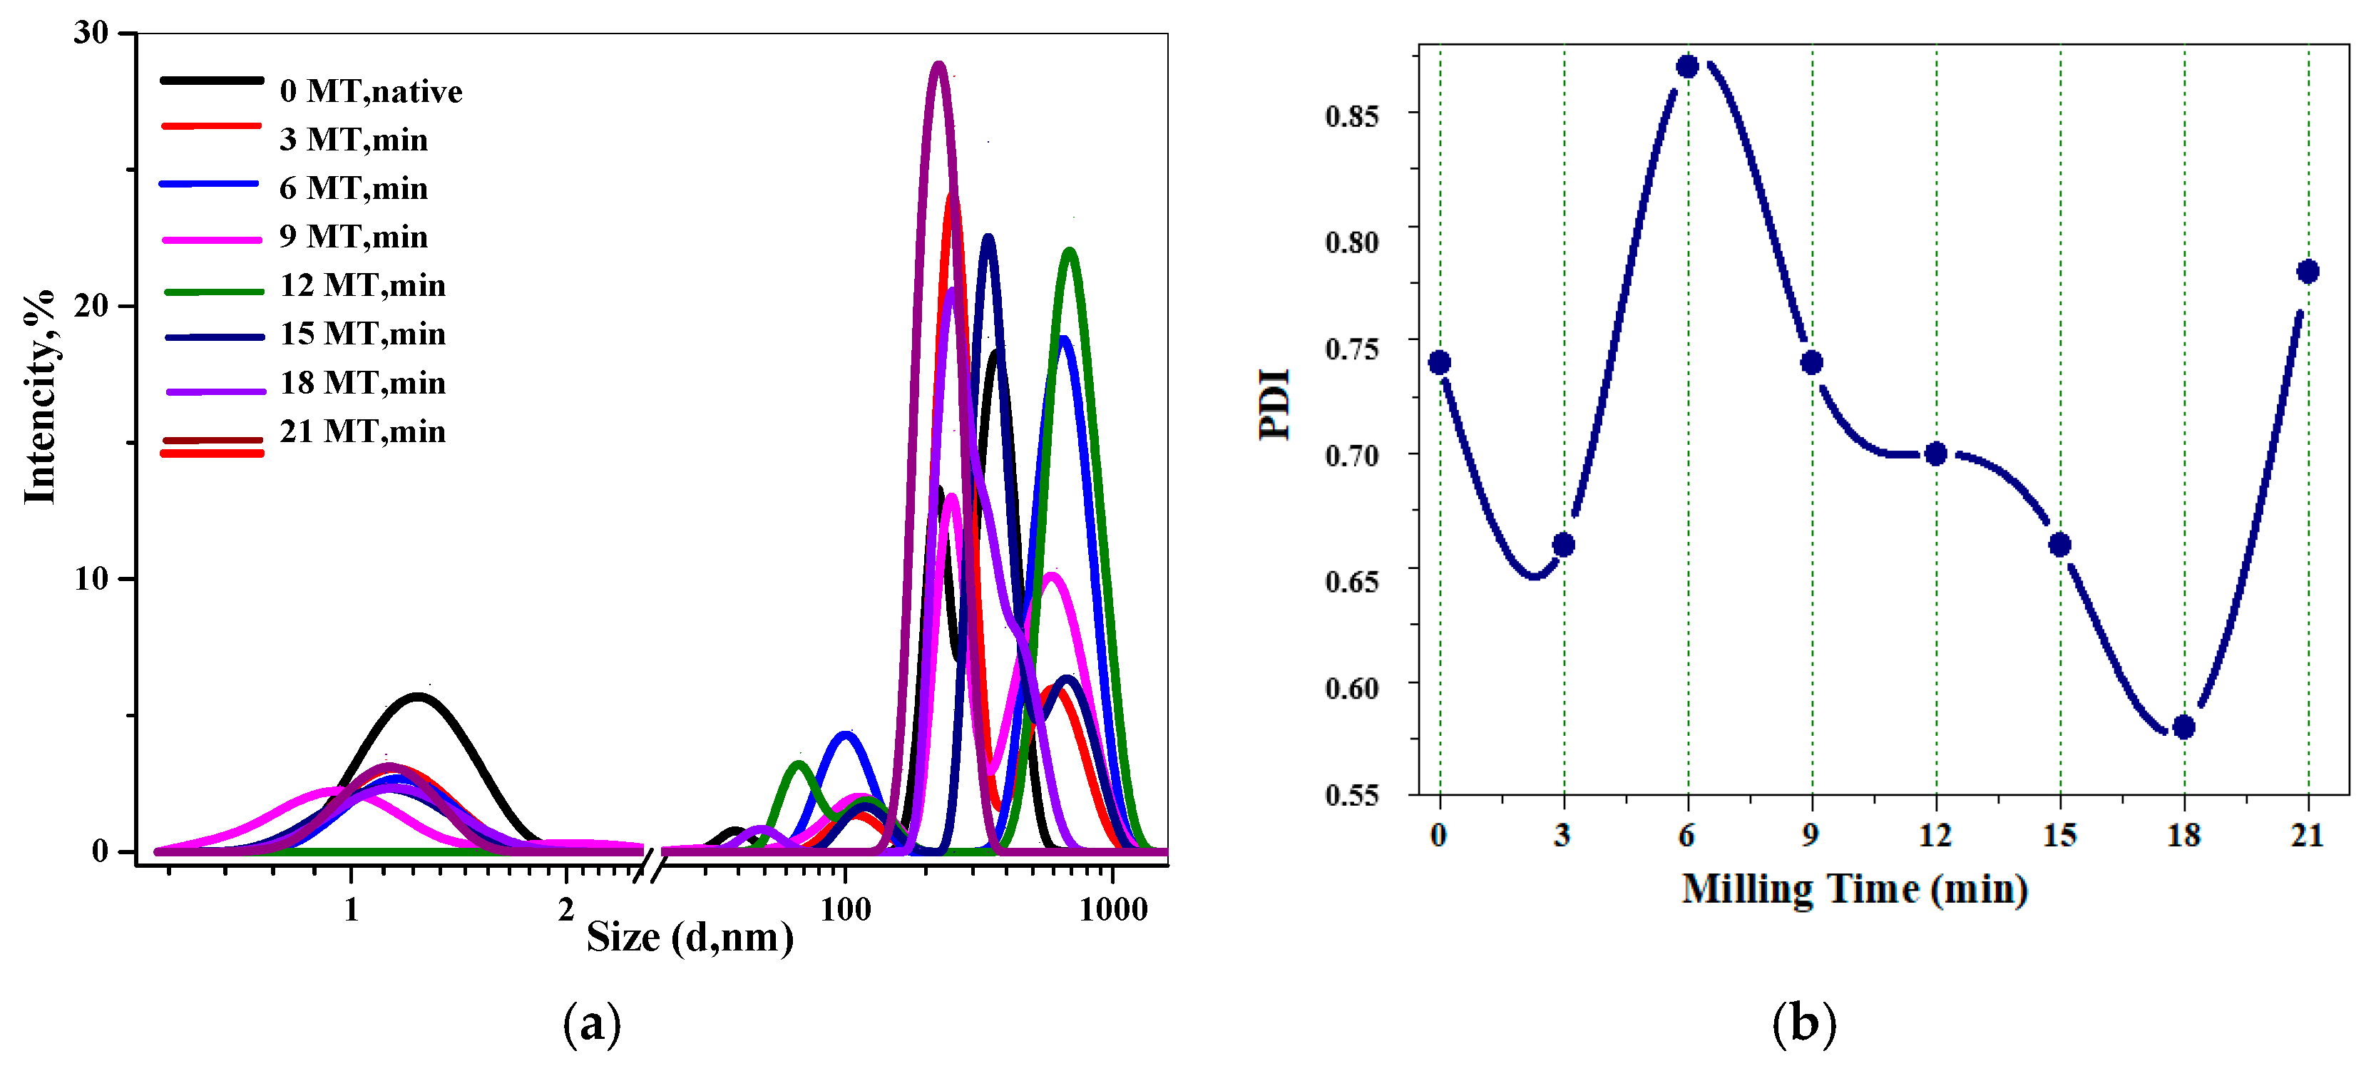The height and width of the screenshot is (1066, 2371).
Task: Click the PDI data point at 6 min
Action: [1687, 66]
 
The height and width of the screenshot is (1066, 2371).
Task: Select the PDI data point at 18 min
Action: [2183, 727]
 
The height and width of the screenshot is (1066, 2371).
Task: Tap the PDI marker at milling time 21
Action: [2308, 272]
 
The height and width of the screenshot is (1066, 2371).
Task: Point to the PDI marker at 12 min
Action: [1935, 453]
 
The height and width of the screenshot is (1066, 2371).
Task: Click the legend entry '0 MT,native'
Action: [370, 91]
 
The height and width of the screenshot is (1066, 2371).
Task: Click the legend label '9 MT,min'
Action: [354, 237]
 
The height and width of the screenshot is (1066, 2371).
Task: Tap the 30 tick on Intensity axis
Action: [91, 33]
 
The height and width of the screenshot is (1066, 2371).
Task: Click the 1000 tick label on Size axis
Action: [1113, 911]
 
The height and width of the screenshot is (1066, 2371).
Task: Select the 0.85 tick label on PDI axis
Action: [1351, 116]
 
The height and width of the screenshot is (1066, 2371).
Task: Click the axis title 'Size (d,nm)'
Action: [690, 937]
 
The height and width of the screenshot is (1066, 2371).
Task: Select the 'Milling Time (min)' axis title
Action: [1855, 889]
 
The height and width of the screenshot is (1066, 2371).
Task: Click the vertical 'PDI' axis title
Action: [1276, 404]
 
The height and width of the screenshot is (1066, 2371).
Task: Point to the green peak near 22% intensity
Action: [1069, 251]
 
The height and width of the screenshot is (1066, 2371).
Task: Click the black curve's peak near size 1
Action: [419, 697]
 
